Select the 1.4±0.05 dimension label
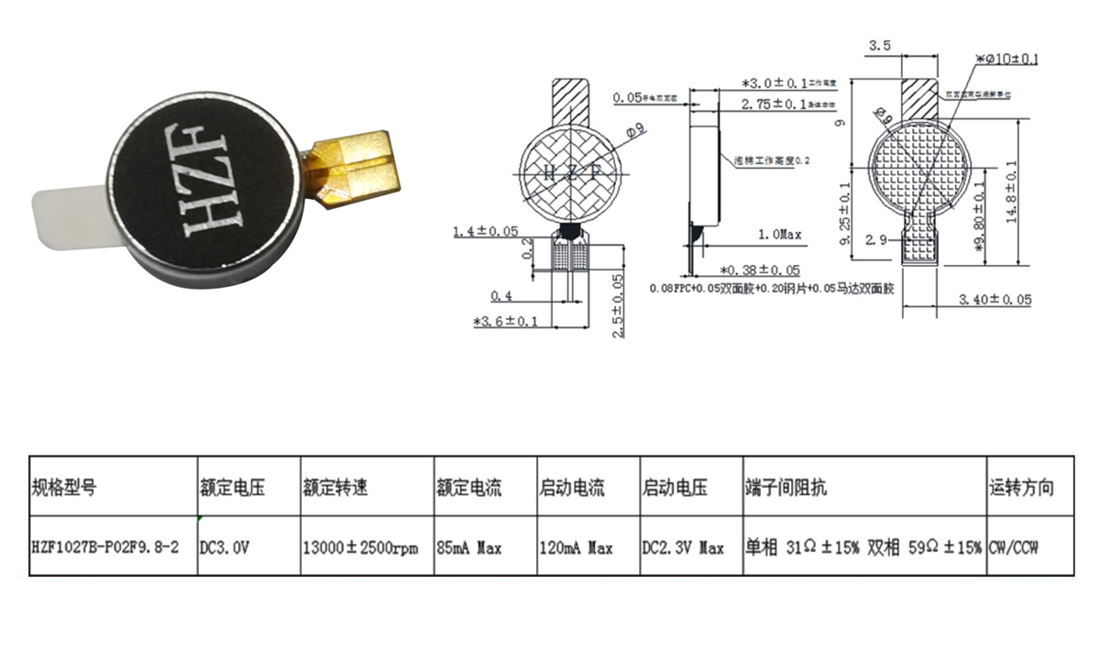click(486, 232)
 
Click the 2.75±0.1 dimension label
click(774, 105)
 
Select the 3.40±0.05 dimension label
click(995, 300)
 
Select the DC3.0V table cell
click(225, 547)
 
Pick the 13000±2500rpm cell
click(360, 547)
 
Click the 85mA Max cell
click(468, 547)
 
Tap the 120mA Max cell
click(575, 547)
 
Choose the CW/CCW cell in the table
click(1018, 547)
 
